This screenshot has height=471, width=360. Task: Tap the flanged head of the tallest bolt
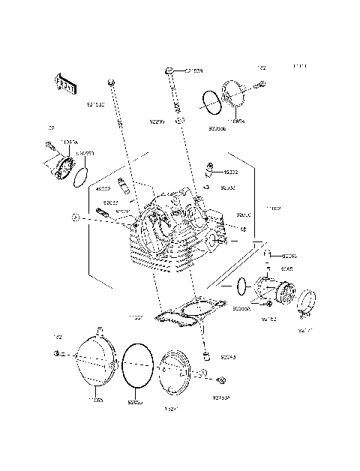tap(170, 70)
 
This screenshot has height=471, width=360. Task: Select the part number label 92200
tap(156, 121)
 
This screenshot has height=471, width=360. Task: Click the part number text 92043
tap(228, 358)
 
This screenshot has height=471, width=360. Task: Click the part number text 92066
tap(289, 256)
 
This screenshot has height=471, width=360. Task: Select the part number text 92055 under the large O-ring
tap(135, 401)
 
